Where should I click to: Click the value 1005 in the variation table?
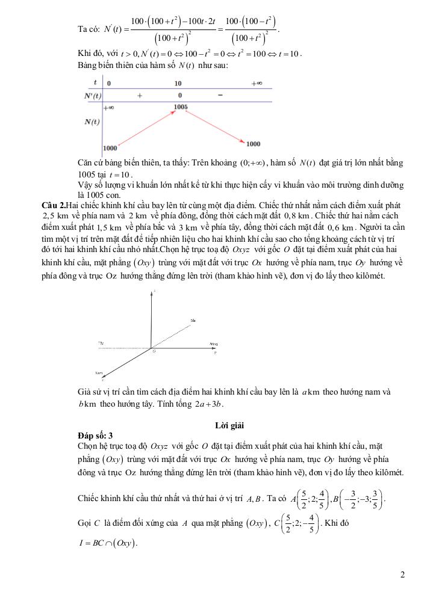[x=180, y=107]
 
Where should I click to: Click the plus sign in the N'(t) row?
[x=140, y=95]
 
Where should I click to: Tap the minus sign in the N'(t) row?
[x=220, y=95]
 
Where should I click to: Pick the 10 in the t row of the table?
[x=178, y=83]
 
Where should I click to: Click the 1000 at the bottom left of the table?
[x=110, y=147]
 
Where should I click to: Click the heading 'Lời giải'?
[x=229, y=425]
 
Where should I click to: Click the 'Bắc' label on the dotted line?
[x=193, y=320]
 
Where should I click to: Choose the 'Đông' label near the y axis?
[x=214, y=343]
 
